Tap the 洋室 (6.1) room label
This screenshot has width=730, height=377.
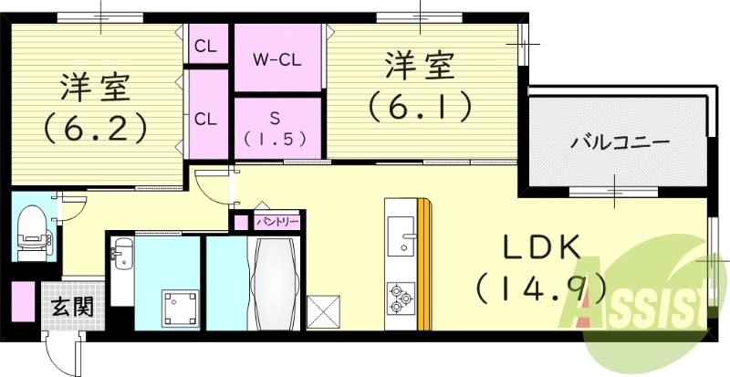coord(420,87)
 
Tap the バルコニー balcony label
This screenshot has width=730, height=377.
coord(620,142)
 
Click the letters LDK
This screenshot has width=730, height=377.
coord(539,248)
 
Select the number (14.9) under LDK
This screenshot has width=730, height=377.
coord(540,290)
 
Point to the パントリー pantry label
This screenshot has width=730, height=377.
coord(277,221)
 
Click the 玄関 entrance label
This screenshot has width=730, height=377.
coord(72,306)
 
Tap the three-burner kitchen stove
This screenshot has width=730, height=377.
coord(402,295)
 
